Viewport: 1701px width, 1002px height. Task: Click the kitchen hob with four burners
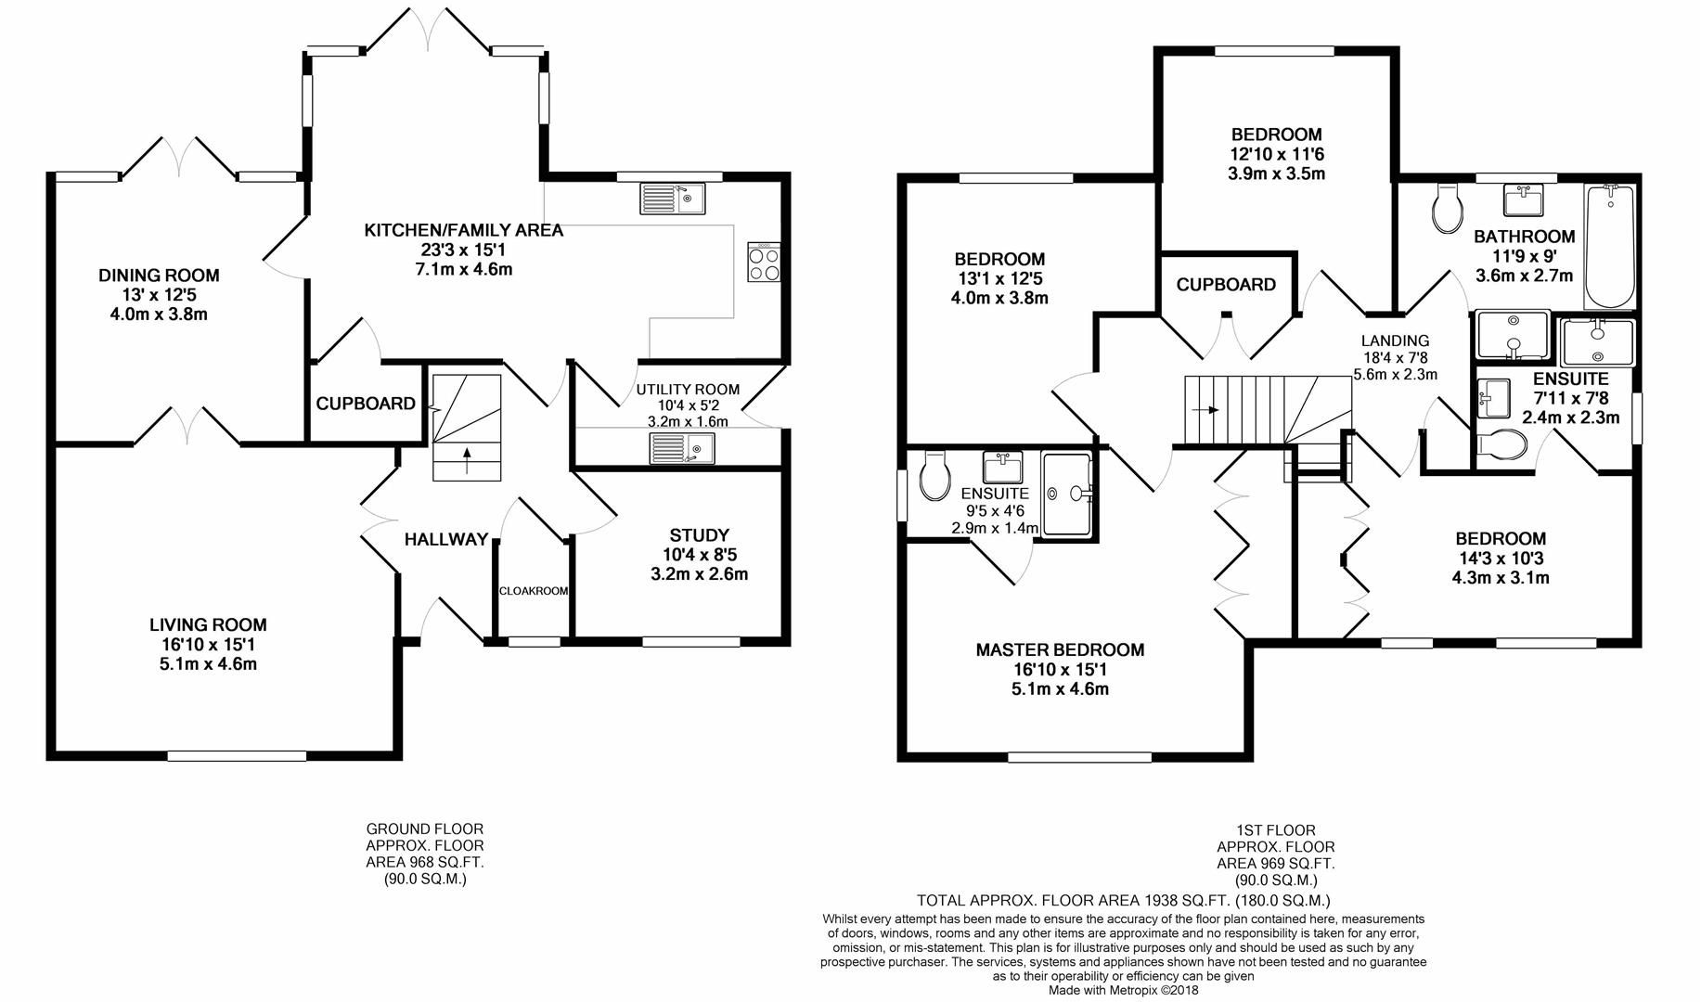pyautogui.click(x=765, y=262)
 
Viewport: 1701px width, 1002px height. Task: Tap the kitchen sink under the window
pyautogui.click(x=673, y=199)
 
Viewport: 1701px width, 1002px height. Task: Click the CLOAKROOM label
pyautogui.click(x=534, y=591)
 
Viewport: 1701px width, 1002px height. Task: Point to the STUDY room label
pyautogui.click(x=699, y=535)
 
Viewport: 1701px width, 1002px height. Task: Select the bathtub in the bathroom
pyautogui.click(x=1610, y=247)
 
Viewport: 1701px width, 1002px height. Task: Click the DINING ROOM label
pyautogui.click(x=159, y=276)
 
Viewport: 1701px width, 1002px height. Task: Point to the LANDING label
pyautogui.click(x=1395, y=340)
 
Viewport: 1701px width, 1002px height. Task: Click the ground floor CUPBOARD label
pyautogui.click(x=366, y=404)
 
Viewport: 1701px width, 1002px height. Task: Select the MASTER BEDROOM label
pyautogui.click(x=1060, y=650)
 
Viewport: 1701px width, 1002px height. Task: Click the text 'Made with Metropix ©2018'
pyautogui.click(x=1123, y=990)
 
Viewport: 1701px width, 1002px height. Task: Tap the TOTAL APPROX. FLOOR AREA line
pyautogui.click(x=1123, y=900)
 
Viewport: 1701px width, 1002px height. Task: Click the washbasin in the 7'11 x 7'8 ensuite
pyautogui.click(x=1490, y=397)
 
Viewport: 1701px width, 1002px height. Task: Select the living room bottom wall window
pyautogui.click(x=237, y=756)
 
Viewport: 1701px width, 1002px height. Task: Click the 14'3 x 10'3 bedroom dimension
pyautogui.click(x=1500, y=559)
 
